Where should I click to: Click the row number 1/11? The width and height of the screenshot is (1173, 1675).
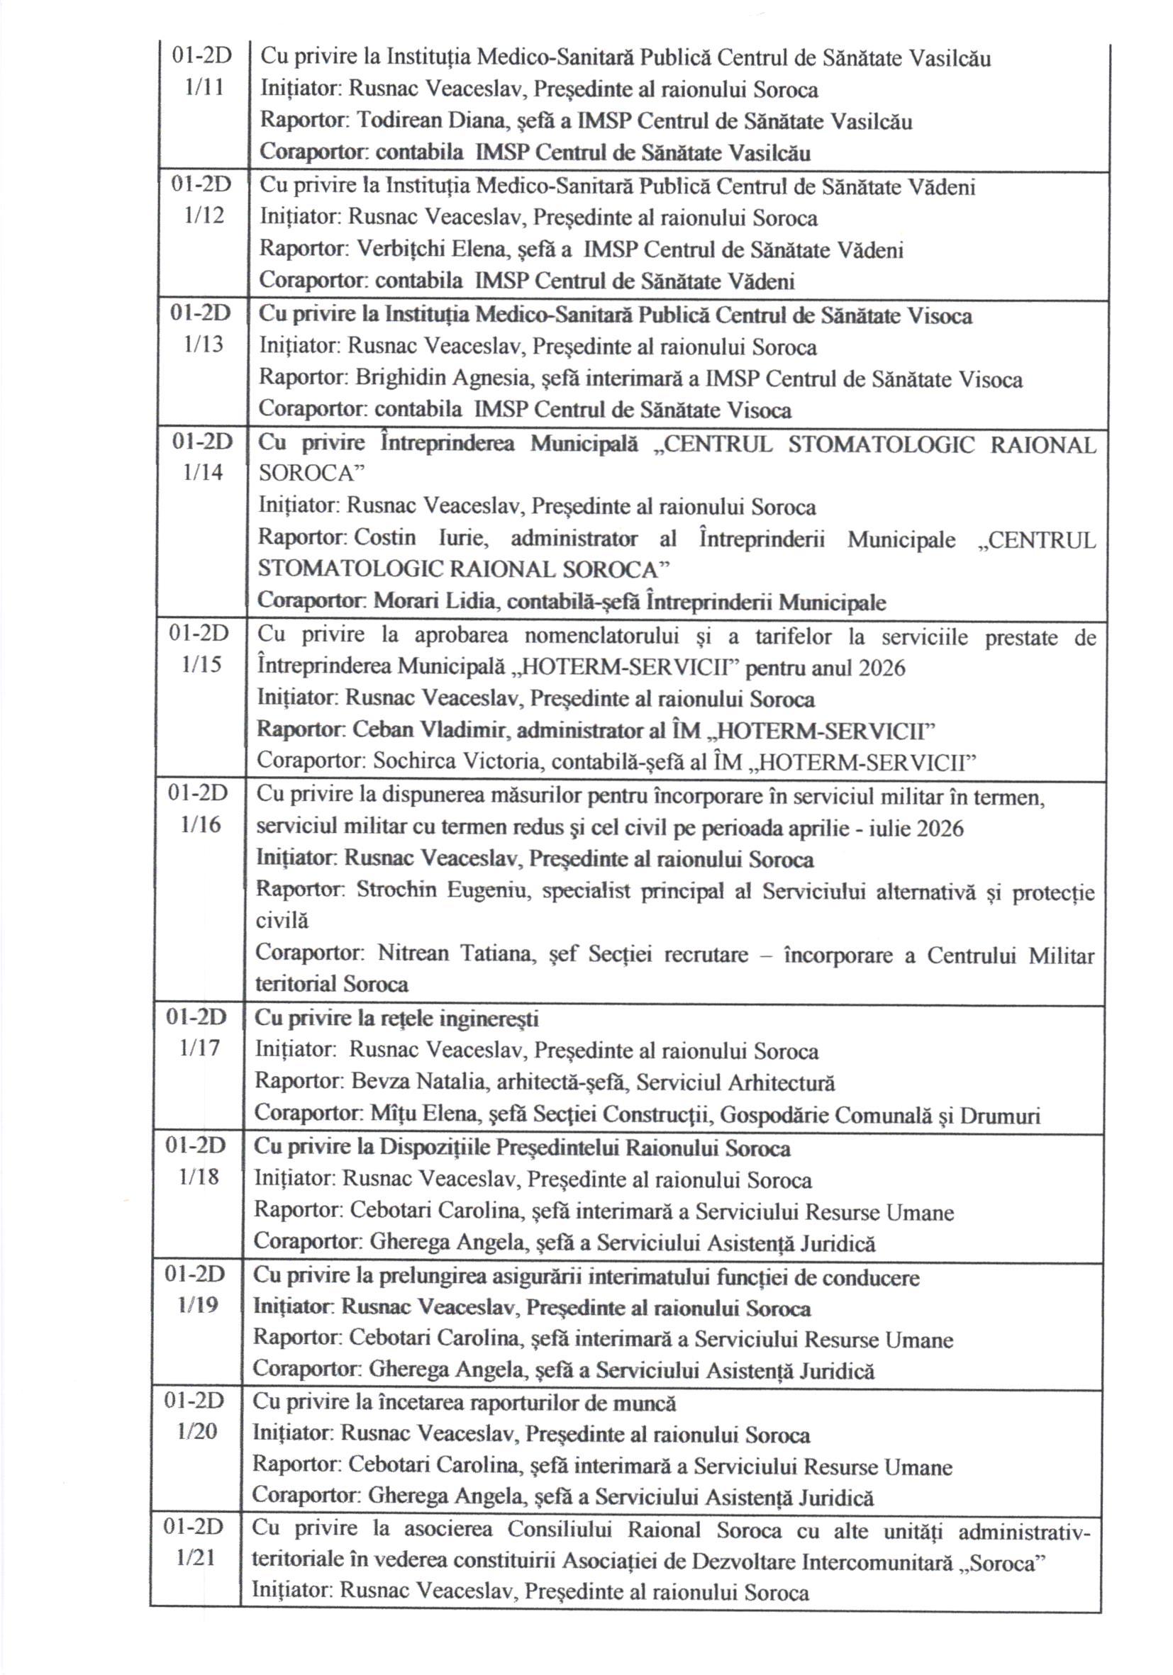pos(204,88)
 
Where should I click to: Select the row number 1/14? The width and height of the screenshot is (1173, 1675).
pos(202,473)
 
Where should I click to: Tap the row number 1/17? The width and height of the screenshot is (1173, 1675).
pos(199,1048)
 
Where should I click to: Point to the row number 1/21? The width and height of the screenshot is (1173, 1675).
pos(196,1557)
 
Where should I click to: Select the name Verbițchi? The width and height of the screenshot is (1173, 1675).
pos(400,250)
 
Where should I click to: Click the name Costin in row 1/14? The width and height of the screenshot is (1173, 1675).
pos(384,538)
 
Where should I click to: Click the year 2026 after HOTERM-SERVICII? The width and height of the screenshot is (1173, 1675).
pos(881,668)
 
